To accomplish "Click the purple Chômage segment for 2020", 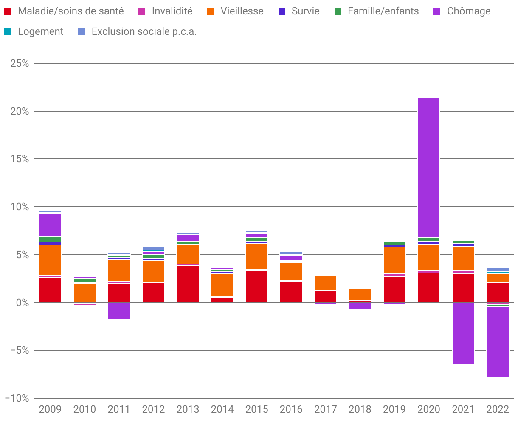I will point(429,167).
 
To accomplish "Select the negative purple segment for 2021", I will point(463,333).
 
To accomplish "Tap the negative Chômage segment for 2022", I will point(498,342).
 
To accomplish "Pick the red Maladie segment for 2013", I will point(188,284).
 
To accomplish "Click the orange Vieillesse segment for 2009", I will point(50,260).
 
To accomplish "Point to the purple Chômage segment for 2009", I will point(50,225).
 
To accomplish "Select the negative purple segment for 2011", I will point(119,311).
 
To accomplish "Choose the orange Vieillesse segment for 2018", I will point(360,295).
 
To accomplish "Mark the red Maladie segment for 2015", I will point(256,287).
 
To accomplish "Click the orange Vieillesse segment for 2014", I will point(222,285).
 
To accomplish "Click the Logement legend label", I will point(40,31).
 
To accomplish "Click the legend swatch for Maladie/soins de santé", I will point(8,11).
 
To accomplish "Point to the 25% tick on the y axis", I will point(20,63).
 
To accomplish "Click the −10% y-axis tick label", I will point(17,398).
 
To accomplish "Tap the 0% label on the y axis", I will point(22,303).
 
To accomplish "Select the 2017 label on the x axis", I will point(326,409).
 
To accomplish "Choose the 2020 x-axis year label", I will point(429,409).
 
